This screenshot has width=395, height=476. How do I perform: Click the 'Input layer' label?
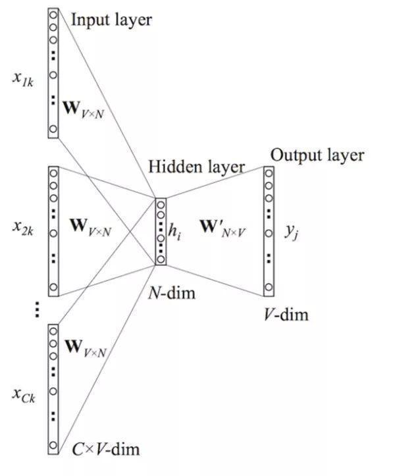(x=111, y=20)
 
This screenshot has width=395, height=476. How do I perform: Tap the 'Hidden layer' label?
(x=196, y=167)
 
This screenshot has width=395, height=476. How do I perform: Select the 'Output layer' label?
(x=317, y=155)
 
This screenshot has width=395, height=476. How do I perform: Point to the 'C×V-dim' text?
(x=105, y=450)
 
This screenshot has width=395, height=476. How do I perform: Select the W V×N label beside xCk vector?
(x=86, y=348)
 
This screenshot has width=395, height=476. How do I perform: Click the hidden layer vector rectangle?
(x=161, y=231)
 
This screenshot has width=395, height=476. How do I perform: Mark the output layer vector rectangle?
(x=269, y=230)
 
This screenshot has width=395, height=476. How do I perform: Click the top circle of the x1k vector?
(x=53, y=14)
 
